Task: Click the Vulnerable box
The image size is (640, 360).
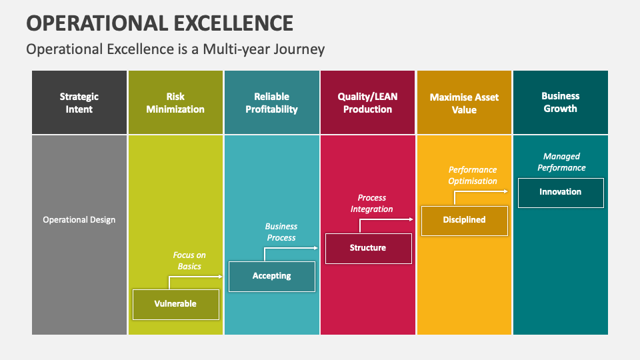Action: [x=175, y=304]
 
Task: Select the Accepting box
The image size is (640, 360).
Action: [x=271, y=276]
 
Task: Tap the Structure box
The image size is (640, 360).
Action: [x=368, y=248]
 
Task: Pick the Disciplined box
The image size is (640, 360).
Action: [x=464, y=220]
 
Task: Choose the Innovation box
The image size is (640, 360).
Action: [x=560, y=192]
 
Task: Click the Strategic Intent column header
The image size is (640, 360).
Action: [x=79, y=103]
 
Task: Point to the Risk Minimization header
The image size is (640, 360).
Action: [x=175, y=103]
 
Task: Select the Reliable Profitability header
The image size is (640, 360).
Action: [x=271, y=103]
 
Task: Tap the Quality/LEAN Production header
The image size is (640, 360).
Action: [x=368, y=103]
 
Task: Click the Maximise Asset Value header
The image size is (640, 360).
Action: [x=464, y=103]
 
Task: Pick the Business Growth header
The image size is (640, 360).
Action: [x=560, y=103]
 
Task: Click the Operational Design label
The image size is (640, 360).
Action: [x=79, y=220]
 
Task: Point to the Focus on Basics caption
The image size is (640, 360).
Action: [x=189, y=261]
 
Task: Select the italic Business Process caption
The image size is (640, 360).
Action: [x=281, y=232]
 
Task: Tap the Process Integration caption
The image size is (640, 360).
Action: [x=372, y=203]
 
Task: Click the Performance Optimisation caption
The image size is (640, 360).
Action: [x=473, y=175]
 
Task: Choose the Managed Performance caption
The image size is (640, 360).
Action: [x=561, y=162]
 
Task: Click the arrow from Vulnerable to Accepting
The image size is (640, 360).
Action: [x=193, y=277]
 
